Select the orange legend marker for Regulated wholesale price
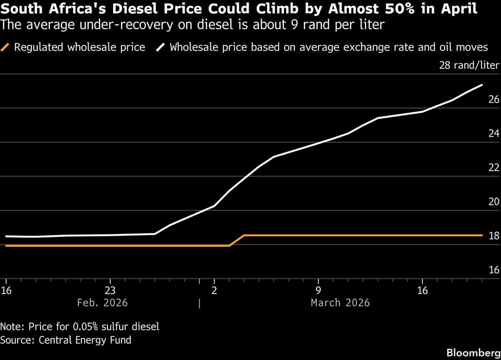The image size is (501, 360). tap(5, 47)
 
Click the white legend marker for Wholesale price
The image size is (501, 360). tap(161, 47)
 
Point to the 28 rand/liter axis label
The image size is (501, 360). tap(469, 65)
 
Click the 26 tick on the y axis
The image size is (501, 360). tap(494, 99)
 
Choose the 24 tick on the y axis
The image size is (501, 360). tap(494, 133)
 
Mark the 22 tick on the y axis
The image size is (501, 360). tap(494, 168)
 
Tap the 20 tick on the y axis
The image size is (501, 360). tap(494, 202)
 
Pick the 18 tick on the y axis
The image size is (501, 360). tap(494, 236)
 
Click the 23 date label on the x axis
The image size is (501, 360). tap(110, 291)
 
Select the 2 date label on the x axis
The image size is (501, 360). tap(214, 291)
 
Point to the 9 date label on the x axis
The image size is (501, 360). tap(318, 291)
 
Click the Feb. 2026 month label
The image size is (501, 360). tap(102, 302)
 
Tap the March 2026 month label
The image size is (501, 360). tap(340, 302)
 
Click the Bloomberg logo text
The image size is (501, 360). tap(473, 352)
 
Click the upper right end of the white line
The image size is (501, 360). tap(482, 85)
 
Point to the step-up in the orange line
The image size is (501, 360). tap(237, 240)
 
